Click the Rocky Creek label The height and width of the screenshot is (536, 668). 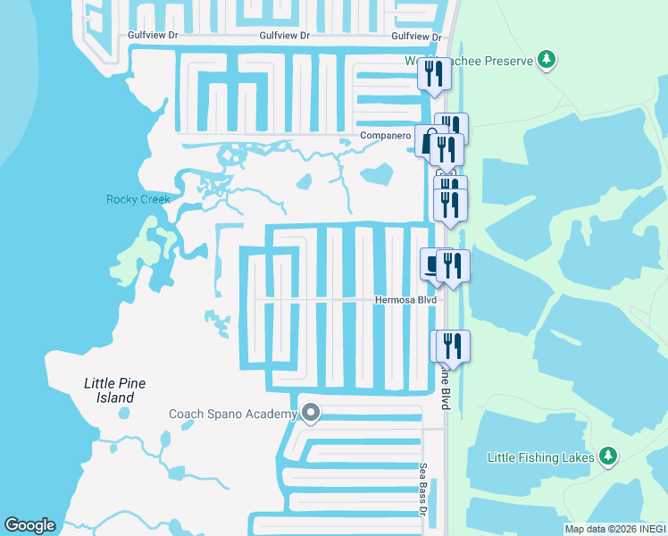tap(138, 199)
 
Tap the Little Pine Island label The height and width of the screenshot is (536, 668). tap(115, 390)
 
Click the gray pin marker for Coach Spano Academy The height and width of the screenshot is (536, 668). tap(311, 413)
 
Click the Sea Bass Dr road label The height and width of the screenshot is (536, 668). tap(423, 490)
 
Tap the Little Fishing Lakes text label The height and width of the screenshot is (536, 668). tap(542, 457)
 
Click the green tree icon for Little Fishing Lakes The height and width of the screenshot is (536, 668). tap(608, 456)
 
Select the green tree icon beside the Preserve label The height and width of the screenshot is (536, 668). tap(546, 61)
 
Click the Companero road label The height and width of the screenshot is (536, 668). tap(385, 136)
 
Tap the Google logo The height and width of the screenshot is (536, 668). tap(29, 525)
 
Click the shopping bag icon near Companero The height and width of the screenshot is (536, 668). tap(428, 141)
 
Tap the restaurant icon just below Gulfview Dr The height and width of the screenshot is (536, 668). tap(434, 73)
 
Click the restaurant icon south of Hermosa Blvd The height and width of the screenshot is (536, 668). tap(451, 346)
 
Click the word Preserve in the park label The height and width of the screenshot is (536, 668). tap(507, 61)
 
